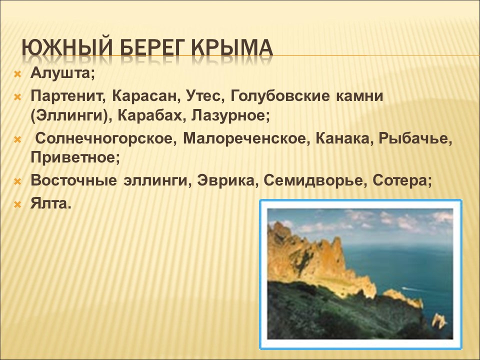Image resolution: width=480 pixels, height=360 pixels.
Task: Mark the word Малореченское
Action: pyautogui.click(x=245, y=138)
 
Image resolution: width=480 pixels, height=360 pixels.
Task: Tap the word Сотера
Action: pyautogui.click(x=402, y=181)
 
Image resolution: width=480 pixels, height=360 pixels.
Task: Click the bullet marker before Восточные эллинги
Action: pyautogui.click(x=17, y=181)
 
